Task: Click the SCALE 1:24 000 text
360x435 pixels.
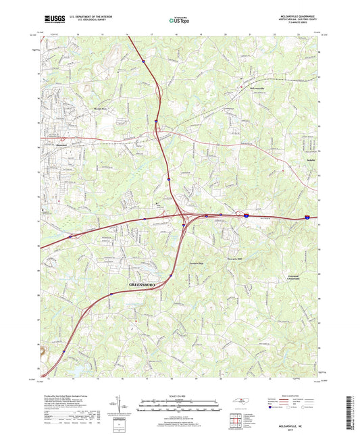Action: click(179, 396)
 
